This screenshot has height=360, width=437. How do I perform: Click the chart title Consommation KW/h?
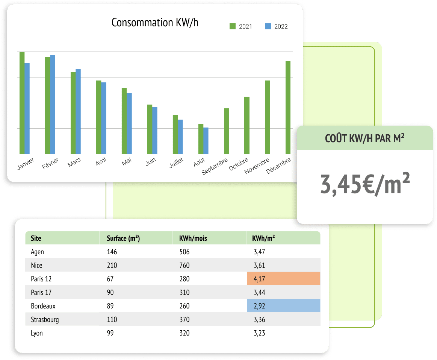point(155,23)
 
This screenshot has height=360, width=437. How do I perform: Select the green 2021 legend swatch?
point(232,26)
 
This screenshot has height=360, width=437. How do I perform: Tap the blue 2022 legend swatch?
point(268,26)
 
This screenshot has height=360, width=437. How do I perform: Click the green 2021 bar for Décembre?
point(288,107)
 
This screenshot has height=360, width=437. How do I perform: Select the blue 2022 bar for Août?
point(206,141)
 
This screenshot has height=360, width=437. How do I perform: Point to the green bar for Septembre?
point(226,131)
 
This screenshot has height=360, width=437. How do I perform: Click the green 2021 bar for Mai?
point(124,121)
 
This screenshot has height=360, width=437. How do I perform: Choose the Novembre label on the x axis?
point(257,166)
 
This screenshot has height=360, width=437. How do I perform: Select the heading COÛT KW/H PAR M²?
point(364,138)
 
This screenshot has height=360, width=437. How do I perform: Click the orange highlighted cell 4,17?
point(284,279)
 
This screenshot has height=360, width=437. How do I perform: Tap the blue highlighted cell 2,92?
point(284,306)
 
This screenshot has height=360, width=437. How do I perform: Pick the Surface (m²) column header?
point(123,238)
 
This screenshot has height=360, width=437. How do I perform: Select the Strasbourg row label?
point(45,320)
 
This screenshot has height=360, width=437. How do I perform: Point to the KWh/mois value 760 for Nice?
point(185,266)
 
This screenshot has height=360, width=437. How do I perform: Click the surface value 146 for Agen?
point(112,252)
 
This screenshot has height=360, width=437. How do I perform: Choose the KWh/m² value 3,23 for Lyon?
point(260,333)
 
